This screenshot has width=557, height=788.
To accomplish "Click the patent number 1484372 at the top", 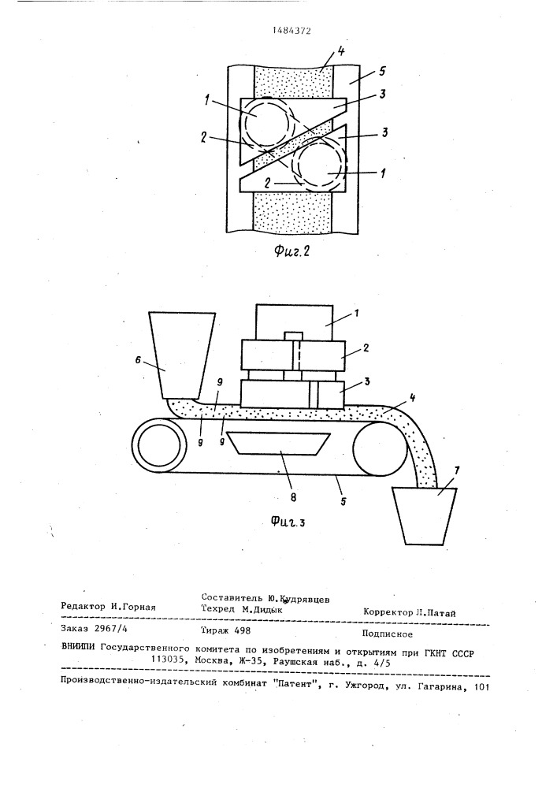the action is [291, 31].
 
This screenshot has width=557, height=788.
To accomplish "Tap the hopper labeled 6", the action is [182, 355].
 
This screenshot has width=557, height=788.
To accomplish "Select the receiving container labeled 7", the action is [425, 516].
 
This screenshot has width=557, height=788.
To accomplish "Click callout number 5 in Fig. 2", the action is [383, 72].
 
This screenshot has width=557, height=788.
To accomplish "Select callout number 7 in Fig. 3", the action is [456, 472].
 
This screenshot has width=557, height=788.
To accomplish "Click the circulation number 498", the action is [242, 630].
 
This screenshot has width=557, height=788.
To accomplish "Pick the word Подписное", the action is [388, 634].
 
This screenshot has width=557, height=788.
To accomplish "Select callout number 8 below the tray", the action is [293, 497].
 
